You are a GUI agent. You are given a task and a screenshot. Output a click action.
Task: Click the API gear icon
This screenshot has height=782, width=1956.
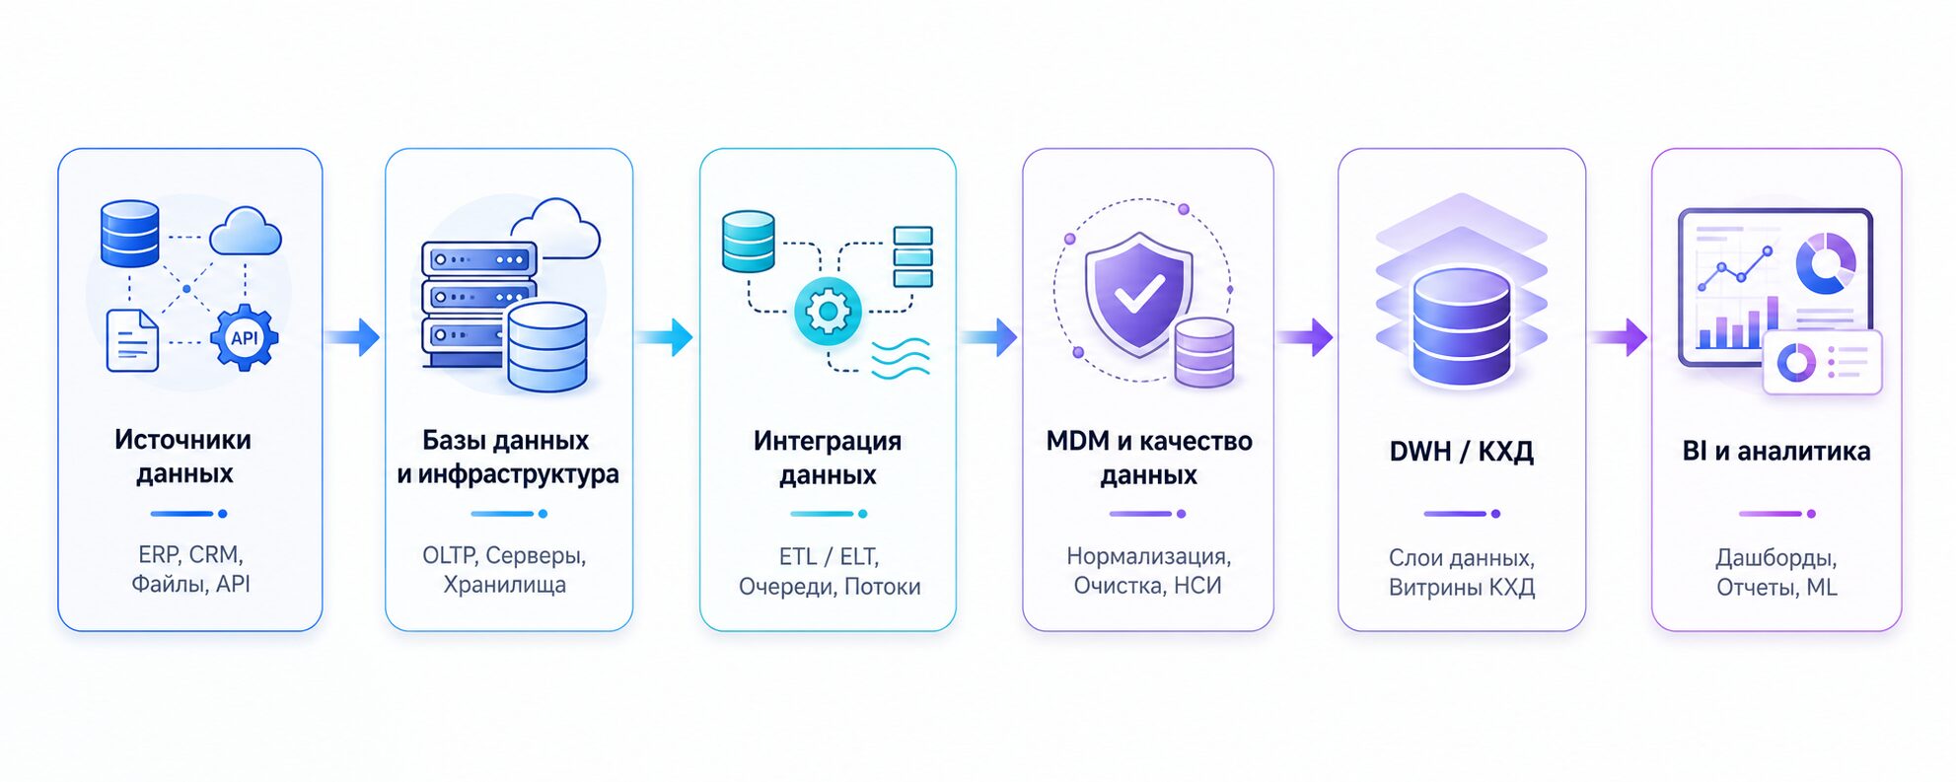click(244, 338)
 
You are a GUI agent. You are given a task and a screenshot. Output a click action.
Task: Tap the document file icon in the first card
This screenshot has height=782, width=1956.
click(132, 340)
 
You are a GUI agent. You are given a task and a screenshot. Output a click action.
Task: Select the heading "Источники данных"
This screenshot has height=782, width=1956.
click(183, 457)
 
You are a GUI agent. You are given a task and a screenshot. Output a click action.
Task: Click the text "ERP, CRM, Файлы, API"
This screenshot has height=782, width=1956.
click(190, 569)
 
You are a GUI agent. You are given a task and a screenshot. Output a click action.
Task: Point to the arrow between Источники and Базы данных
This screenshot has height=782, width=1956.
click(352, 337)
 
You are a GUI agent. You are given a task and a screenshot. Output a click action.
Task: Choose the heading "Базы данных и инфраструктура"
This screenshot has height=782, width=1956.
click(508, 458)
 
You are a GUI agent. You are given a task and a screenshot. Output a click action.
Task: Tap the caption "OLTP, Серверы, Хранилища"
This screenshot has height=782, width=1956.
click(505, 570)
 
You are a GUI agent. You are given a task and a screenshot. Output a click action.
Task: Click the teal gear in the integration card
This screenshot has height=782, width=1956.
click(828, 312)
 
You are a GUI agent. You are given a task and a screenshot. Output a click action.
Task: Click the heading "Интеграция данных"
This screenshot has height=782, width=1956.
click(828, 458)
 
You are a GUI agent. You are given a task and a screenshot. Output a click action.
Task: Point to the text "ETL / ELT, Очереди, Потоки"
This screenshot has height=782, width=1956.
click(830, 571)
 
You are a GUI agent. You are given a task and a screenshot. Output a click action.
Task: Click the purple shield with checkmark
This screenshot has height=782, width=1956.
click(1138, 294)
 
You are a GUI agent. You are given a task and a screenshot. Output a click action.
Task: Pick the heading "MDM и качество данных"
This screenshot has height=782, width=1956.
click(1149, 458)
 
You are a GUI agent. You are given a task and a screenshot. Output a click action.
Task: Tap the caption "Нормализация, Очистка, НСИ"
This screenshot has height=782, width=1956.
click(1148, 571)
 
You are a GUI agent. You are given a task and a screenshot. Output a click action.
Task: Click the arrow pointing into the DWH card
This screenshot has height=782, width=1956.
click(1306, 337)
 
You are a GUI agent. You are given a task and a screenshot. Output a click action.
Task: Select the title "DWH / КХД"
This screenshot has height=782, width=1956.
click(1462, 452)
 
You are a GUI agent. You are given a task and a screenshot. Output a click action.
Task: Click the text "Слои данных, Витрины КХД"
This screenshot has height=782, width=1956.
click(1462, 572)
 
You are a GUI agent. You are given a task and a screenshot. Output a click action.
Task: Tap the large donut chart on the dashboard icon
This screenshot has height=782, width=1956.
click(1825, 263)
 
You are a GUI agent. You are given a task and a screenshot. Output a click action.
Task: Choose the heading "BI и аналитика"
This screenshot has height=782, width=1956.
click(1776, 452)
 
